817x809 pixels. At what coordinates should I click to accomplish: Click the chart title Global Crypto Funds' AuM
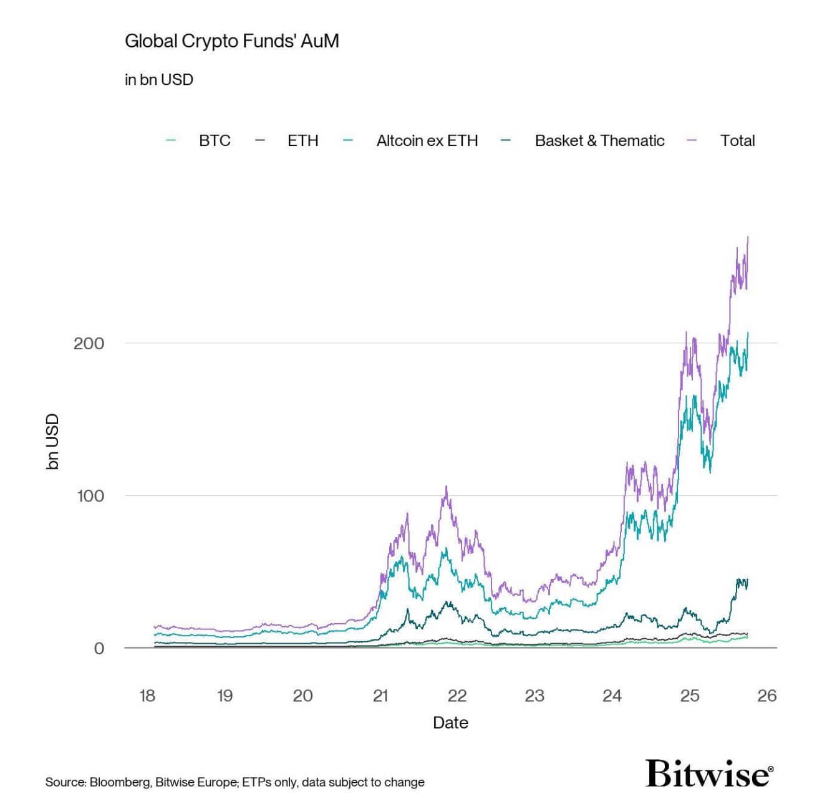pyautogui.click(x=231, y=41)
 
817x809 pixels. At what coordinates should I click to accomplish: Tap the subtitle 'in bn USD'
pyautogui.click(x=159, y=80)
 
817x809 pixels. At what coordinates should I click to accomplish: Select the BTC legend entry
pyautogui.click(x=215, y=140)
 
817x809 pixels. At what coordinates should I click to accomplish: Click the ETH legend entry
pyautogui.click(x=302, y=140)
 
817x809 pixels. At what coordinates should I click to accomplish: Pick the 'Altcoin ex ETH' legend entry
pyautogui.click(x=427, y=140)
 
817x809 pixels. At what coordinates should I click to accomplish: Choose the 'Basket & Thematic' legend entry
pyautogui.click(x=599, y=140)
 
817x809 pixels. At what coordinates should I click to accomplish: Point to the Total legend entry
pyautogui.click(x=737, y=140)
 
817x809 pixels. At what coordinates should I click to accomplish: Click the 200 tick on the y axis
pyautogui.click(x=89, y=343)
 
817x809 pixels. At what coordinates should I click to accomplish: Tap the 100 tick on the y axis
pyautogui.click(x=90, y=496)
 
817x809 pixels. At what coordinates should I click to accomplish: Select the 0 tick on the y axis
pyautogui.click(x=99, y=649)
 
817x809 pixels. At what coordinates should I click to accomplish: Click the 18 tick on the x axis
pyautogui.click(x=147, y=695)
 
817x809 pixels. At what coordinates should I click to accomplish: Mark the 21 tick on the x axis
pyautogui.click(x=380, y=695)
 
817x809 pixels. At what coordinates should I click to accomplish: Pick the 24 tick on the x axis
pyautogui.click(x=612, y=695)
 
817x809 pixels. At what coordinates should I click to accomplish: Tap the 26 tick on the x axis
pyautogui.click(x=766, y=695)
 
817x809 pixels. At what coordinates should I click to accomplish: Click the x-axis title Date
pyautogui.click(x=450, y=722)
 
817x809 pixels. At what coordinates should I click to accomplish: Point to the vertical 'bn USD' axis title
pyautogui.click(x=52, y=441)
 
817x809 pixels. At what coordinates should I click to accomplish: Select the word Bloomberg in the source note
pyautogui.click(x=120, y=782)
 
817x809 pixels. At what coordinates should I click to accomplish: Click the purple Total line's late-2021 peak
pyautogui.click(x=447, y=487)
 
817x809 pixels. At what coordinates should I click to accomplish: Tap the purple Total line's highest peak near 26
pyautogui.click(x=748, y=238)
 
